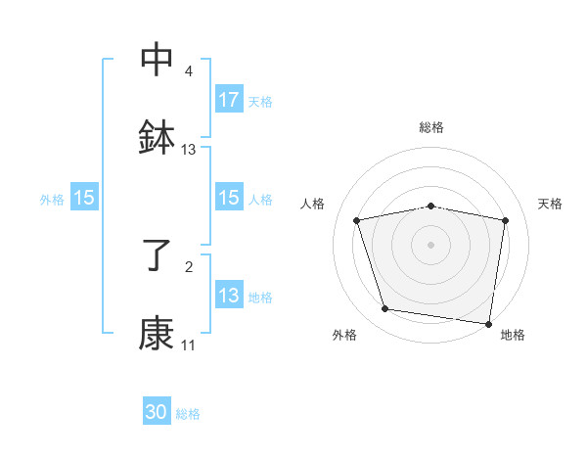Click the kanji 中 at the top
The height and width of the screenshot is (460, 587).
coord(157,59)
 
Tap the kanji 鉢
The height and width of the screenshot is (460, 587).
coord(157,137)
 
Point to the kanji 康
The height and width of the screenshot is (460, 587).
coord(157,335)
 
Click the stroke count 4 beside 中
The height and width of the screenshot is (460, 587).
coord(189,71)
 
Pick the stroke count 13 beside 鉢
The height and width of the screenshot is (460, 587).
coord(189,150)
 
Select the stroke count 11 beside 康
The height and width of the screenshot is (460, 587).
coord(189,345)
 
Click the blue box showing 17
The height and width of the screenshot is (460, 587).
coord(229,100)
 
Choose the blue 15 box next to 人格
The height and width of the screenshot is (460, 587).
coord(229,198)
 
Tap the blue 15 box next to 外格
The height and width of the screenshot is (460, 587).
coord(84,198)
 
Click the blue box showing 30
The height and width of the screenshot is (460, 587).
coord(157,413)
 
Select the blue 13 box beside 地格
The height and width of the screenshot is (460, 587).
coord(229,296)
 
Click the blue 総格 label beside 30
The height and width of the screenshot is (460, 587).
coord(188,414)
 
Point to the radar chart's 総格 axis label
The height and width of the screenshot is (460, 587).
coord(430,127)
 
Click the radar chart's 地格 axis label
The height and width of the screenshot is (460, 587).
coord(513,335)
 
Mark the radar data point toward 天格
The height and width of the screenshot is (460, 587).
coord(505,220)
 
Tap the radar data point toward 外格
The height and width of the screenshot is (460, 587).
coord(385,309)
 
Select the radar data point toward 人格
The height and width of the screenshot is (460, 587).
coord(357,220)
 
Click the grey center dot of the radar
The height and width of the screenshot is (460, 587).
coord(430,244)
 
